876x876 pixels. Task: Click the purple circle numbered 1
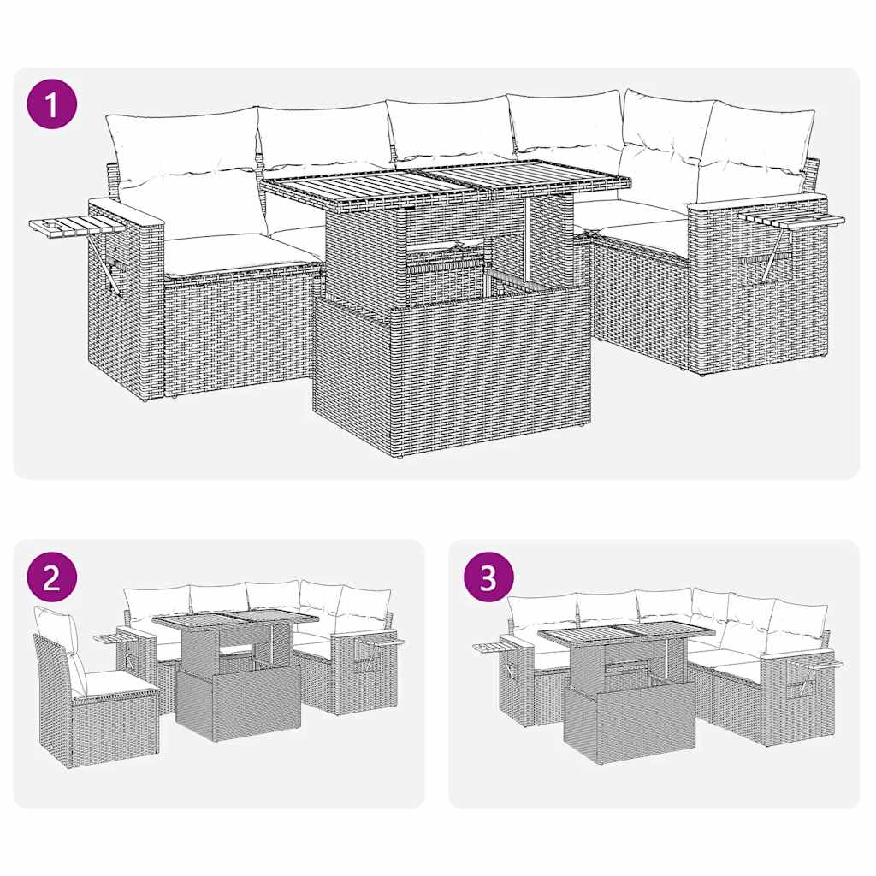pyautogui.click(x=52, y=105)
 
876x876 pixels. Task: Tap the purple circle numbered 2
pyautogui.click(x=52, y=578)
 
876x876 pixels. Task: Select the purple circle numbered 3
pyautogui.click(x=488, y=578)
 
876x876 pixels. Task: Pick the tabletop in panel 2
pyautogui.click(x=235, y=619)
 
